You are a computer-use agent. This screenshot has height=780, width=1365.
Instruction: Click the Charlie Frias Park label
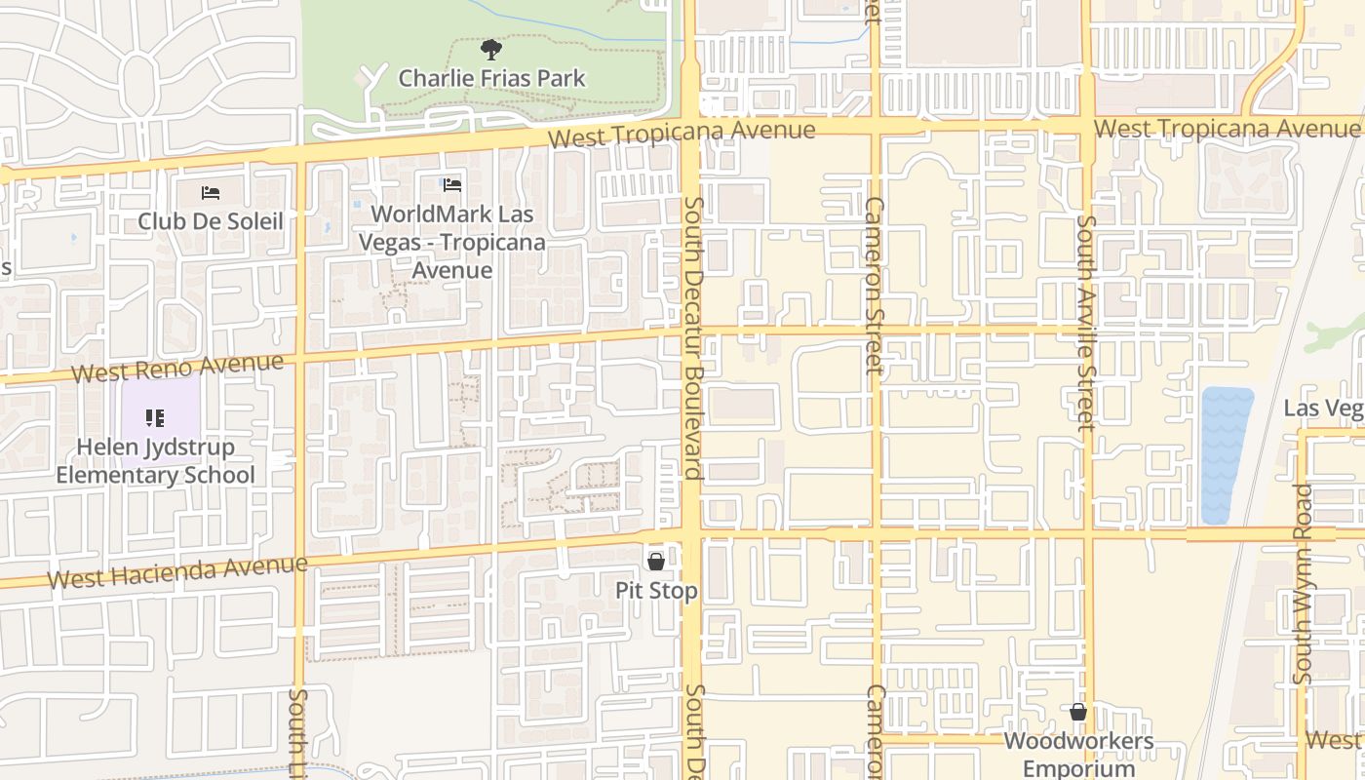tap(491, 78)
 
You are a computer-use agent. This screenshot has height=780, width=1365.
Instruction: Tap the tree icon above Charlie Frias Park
tap(491, 48)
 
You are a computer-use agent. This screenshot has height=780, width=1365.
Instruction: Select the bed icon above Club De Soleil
tap(210, 192)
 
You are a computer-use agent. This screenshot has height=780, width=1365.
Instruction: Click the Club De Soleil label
tap(210, 221)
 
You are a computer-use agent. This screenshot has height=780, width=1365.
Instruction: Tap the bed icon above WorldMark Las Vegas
tap(451, 184)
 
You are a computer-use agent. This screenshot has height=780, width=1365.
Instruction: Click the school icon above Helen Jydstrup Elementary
tap(155, 418)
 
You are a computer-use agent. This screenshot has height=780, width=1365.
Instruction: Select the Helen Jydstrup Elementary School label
tap(155, 461)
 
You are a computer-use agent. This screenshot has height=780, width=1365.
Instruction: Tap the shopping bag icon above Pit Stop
tap(656, 561)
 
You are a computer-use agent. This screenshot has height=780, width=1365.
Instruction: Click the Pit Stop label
tap(656, 591)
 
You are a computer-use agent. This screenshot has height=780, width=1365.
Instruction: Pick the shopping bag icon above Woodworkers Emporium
tap(1078, 712)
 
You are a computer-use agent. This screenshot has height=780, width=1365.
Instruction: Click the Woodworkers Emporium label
tap(1078, 754)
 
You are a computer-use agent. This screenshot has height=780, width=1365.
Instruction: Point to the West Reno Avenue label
tap(177, 369)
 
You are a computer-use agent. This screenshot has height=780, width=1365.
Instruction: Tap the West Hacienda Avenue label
tap(177, 572)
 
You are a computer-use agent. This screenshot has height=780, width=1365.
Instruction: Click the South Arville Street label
tap(1086, 322)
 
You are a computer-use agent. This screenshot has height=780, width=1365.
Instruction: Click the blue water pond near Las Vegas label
tap(1227, 453)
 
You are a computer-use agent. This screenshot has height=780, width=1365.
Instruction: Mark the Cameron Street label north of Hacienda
tap(874, 285)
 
